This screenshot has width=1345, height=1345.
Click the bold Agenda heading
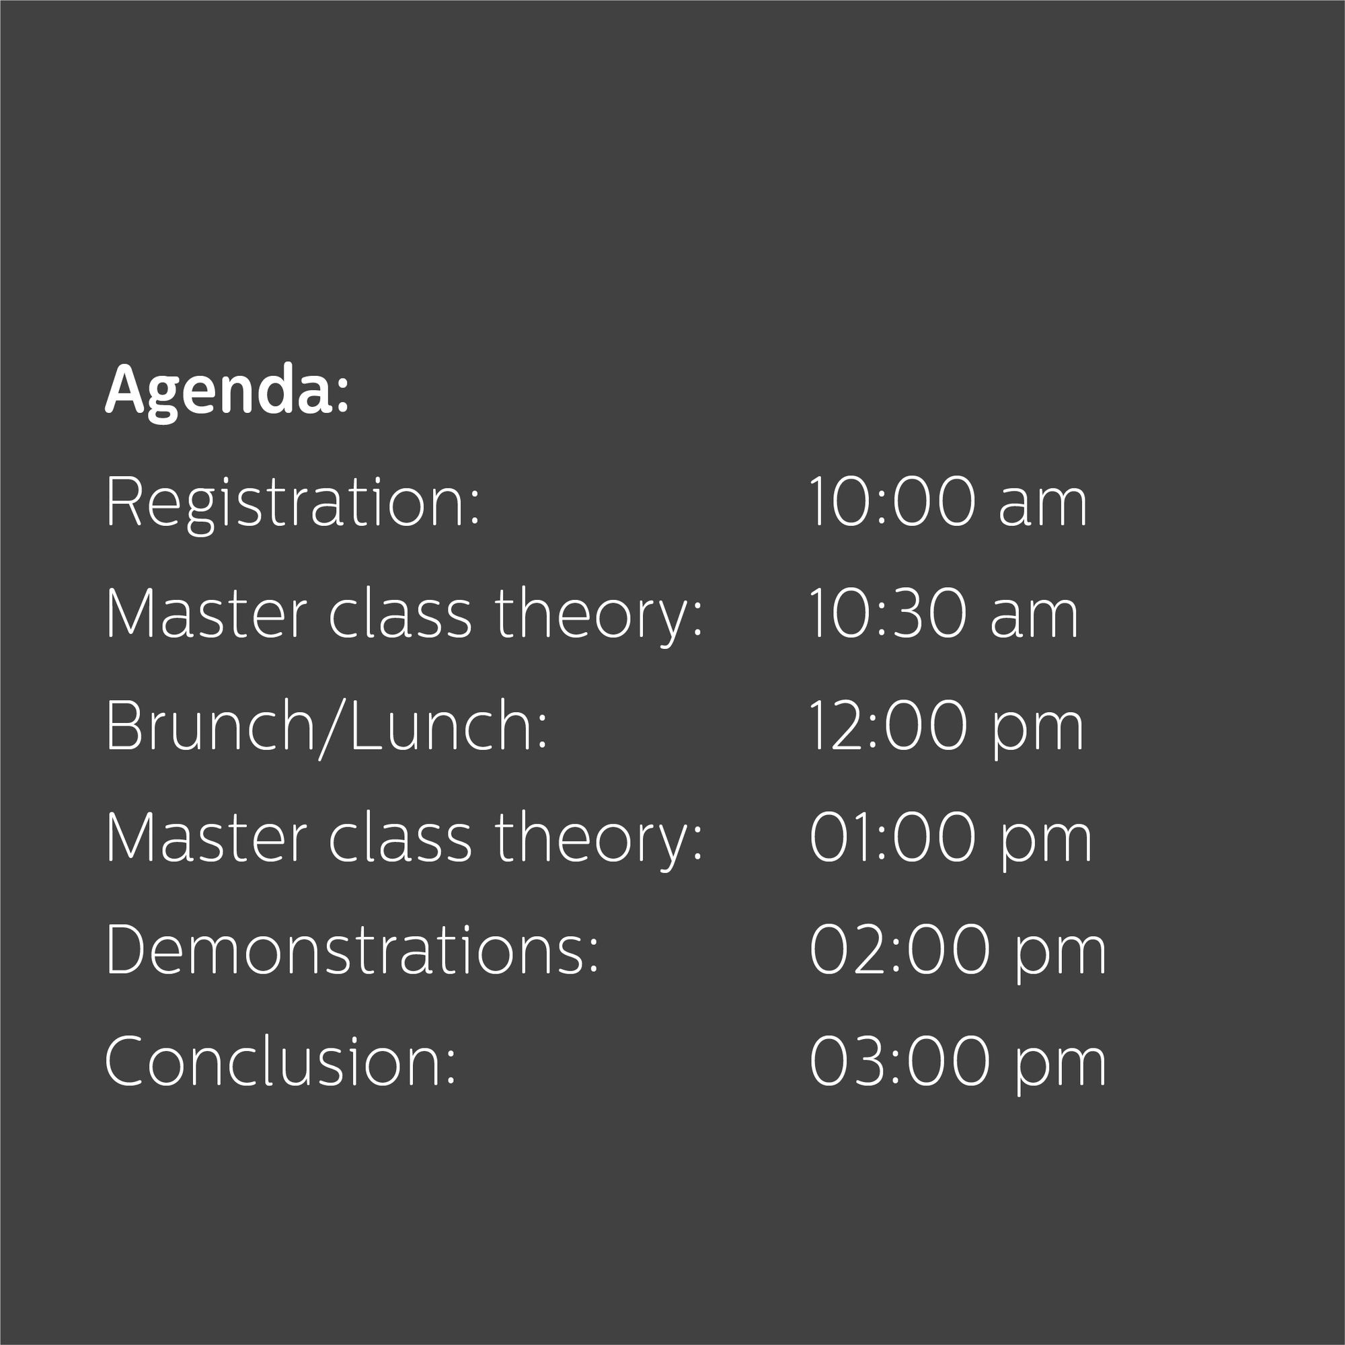(226, 392)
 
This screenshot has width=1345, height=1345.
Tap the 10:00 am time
(948, 502)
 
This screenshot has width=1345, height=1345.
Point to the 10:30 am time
(944, 613)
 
